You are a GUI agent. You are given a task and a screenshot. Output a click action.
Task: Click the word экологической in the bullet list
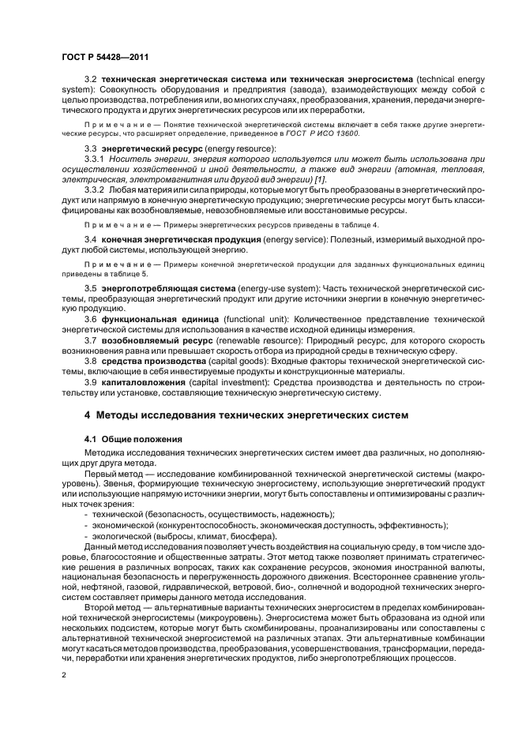coord(123,535)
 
